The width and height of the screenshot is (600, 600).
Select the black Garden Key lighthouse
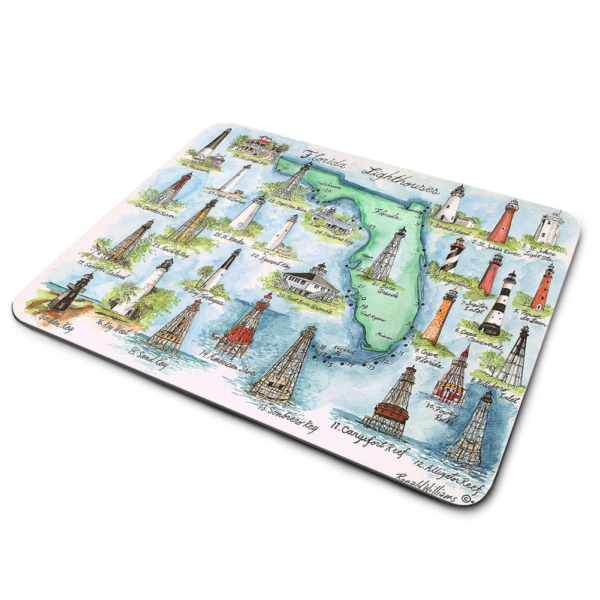click(70, 293)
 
